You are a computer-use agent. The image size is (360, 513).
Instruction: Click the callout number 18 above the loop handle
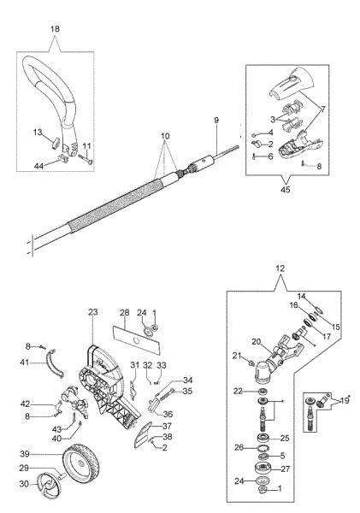coord(56,28)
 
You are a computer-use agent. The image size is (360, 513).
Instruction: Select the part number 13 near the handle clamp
coord(37,133)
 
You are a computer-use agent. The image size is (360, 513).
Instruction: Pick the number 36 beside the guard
coord(167,414)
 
